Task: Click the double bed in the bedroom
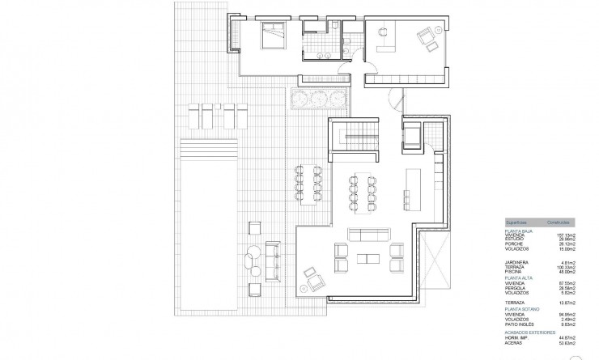(272, 36)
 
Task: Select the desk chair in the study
(382, 32)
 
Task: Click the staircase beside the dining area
(354, 137)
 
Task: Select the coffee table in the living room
(368, 259)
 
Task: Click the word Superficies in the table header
(516, 222)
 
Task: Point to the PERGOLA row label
(516, 287)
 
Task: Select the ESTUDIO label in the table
(515, 239)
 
